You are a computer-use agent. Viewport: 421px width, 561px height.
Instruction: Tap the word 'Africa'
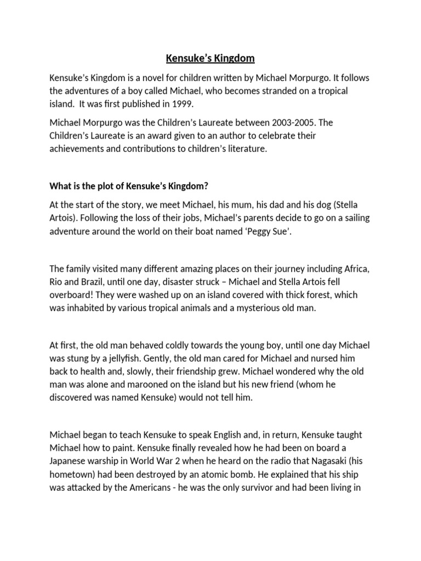tap(356, 268)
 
